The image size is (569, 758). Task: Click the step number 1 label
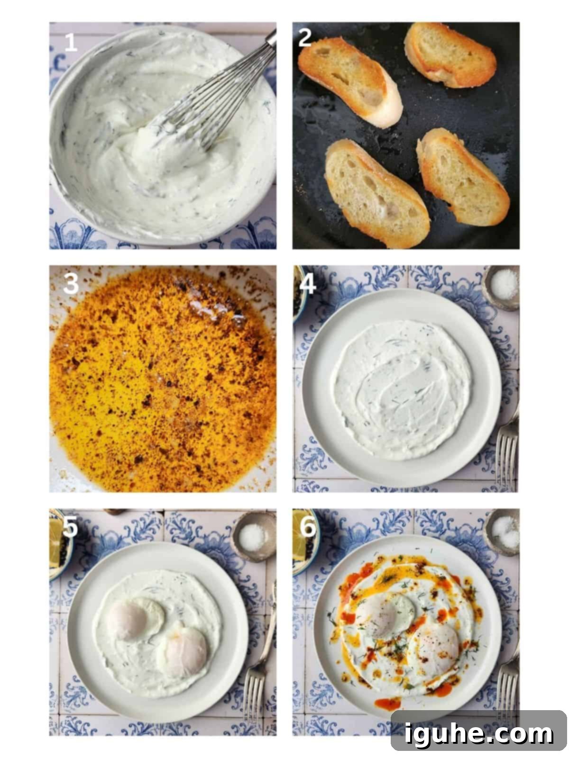click(71, 43)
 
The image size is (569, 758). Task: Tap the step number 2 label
click(304, 38)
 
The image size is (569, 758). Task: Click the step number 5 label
click(70, 527)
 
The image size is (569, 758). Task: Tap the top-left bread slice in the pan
click(349, 81)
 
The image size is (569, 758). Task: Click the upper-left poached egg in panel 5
click(135, 619)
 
